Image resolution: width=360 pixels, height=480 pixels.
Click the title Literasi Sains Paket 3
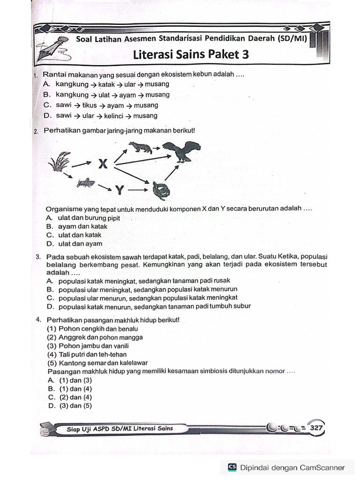191,55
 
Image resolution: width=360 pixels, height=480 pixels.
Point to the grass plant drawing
60,162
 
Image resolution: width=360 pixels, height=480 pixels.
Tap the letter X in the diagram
103,164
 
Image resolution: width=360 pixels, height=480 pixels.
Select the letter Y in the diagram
120,190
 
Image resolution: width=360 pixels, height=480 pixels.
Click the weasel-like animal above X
140,148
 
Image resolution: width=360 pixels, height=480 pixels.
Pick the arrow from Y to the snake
138,190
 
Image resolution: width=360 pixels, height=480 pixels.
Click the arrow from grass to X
82,164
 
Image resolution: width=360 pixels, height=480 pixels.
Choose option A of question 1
106,84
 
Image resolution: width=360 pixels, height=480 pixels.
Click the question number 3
37,257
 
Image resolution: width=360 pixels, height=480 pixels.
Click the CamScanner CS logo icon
232,467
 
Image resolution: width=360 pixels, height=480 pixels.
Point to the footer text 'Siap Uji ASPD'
119,428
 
